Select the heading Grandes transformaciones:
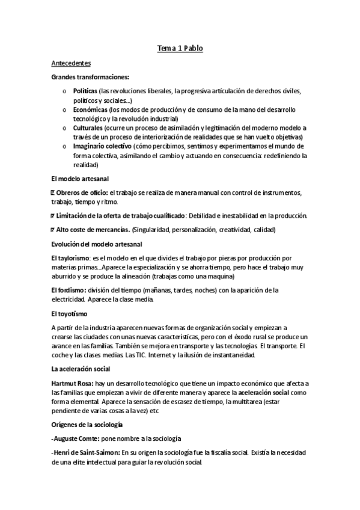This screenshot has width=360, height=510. (x=90, y=77)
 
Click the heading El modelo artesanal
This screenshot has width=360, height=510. (x=80, y=179)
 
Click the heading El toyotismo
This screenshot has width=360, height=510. (x=69, y=313)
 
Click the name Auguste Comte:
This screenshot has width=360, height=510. (x=77, y=439)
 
